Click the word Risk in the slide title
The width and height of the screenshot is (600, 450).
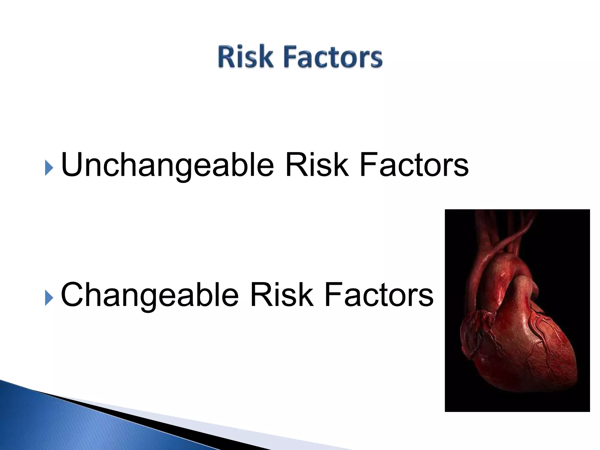click(x=245, y=57)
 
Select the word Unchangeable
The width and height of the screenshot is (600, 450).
click(x=167, y=166)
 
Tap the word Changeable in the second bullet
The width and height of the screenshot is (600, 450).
click(x=149, y=295)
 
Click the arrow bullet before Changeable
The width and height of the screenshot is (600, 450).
click(x=49, y=299)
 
